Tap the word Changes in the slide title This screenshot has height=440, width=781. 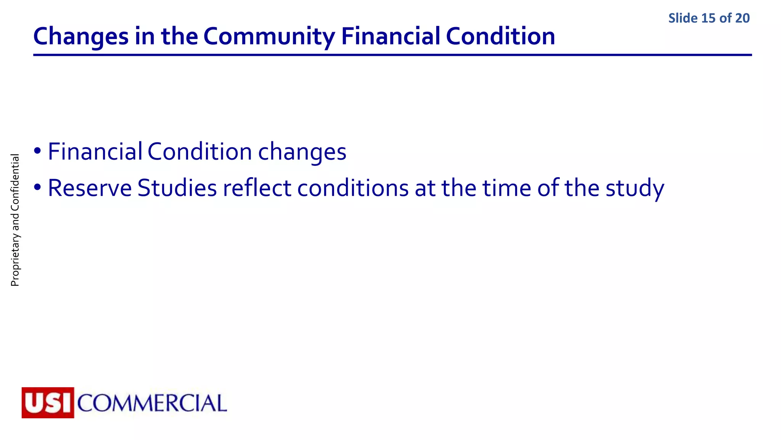point(81,37)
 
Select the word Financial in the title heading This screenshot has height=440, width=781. point(390,37)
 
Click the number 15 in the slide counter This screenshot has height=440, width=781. point(708,18)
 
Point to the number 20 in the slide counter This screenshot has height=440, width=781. point(742,18)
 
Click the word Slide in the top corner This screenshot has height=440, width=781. point(683,18)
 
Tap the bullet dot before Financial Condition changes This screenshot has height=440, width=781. point(37,150)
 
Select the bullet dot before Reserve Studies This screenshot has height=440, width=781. point(37,187)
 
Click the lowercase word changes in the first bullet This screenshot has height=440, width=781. point(302,152)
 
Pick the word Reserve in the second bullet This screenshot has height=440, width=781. point(90,188)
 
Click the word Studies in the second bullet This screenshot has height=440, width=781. point(177,188)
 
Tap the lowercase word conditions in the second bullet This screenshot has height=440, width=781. point(353,188)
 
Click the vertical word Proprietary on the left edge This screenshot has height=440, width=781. point(15,259)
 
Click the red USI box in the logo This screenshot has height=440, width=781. point(48,403)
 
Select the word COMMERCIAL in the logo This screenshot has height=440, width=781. point(152,403)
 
